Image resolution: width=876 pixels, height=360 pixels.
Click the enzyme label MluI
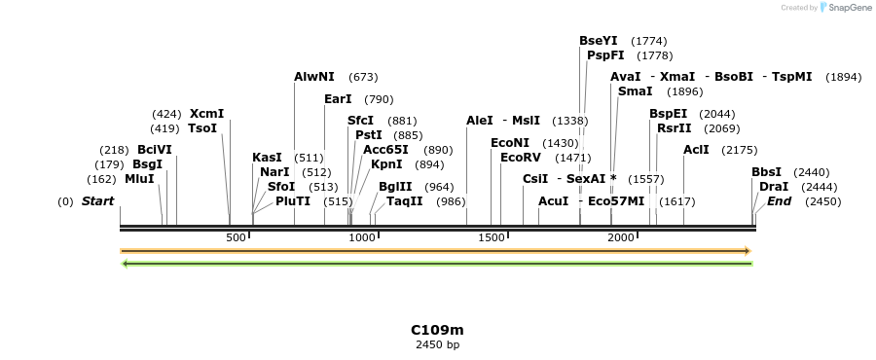tap(139, 179)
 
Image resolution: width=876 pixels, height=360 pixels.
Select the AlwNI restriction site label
tap(313, 77)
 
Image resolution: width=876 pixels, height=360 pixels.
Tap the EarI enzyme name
tap(338, 99)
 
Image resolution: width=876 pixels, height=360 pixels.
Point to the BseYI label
tap(598, 41)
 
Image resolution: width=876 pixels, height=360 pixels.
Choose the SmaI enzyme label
tap(635, 91)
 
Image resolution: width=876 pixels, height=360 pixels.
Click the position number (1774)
tap(648, 41)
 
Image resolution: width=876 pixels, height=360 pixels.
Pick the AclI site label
tap(696, 150)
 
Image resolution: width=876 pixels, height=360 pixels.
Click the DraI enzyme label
tap(773, 187)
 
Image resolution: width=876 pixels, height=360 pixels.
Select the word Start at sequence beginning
tap(97, 201)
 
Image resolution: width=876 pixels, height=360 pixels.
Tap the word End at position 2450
tap(779, 201)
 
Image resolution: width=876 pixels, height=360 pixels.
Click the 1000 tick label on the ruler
tap(362, 238)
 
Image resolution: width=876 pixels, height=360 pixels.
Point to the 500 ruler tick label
tap(236, 238)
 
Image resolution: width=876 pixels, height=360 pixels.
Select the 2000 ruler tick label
tap(621, 238)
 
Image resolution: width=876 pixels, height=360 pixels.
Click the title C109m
tap(437, 330)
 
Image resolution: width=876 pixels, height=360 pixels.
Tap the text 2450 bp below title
tap(437, 344)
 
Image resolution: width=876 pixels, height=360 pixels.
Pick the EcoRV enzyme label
tap(519, 158)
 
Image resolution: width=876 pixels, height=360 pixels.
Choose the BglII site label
tap(395, 187)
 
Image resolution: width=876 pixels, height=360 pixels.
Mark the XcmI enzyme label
tap(206, 114)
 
